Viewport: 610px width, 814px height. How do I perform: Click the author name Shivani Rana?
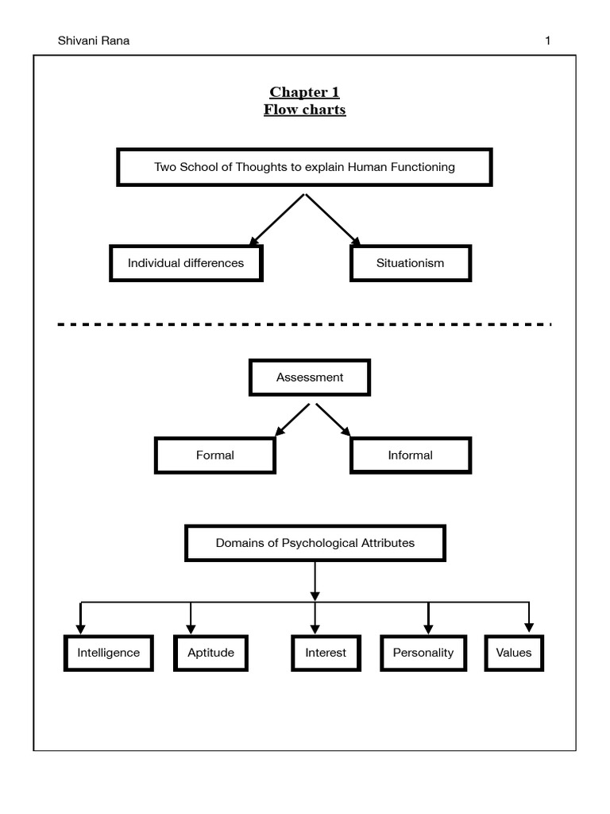click(x=94, y=41)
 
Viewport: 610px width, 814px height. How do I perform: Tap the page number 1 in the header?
click(x=547, y=41)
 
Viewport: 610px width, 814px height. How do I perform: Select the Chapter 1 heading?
click(x=304, y=92)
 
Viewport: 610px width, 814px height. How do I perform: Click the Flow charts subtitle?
click(x=304, y=110)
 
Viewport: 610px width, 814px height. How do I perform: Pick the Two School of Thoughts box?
click(x=304, y=167)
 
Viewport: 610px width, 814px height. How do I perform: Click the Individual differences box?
click(x=186, y=263)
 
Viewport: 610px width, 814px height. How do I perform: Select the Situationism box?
click(x=411, y=263)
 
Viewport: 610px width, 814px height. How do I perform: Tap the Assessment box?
click(x=310, y=378)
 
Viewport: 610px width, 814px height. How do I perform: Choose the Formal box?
click(x=215, y=455)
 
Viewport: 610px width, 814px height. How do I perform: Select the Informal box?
click(x=411, y=455)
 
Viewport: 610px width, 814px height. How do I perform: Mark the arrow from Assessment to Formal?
click(x=291, y=420)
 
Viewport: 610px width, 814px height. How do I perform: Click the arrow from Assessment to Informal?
click(x=333, y=420)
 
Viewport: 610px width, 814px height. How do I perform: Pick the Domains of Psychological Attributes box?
click(x=315, y=544)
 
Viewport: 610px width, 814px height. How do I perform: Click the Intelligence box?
click(x=108, y=653)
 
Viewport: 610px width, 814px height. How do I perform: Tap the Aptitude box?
click(x=210, y=653)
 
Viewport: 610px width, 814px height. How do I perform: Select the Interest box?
click(x=326, y=653)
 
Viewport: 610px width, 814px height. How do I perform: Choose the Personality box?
click(x=423, y=653)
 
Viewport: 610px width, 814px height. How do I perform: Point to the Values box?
click(x=514, y=653)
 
